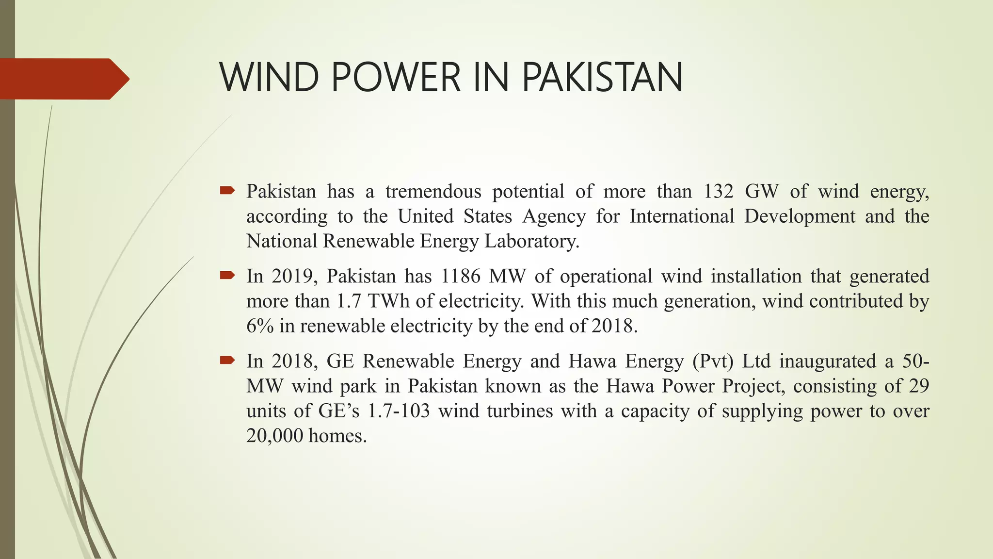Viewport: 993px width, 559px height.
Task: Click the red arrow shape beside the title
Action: (x=63, y=79)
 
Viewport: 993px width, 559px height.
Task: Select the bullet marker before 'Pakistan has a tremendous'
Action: (x=227, y=190)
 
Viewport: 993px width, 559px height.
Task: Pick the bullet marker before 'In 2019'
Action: (x=227, y=276)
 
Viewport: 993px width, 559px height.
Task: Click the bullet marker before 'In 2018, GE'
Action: (x=227, y=360)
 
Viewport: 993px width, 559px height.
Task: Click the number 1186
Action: (x=461, y=276)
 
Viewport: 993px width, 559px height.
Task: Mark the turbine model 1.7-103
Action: (x=399, y=411)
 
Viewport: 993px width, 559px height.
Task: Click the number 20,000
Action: (x=272, y=436)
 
